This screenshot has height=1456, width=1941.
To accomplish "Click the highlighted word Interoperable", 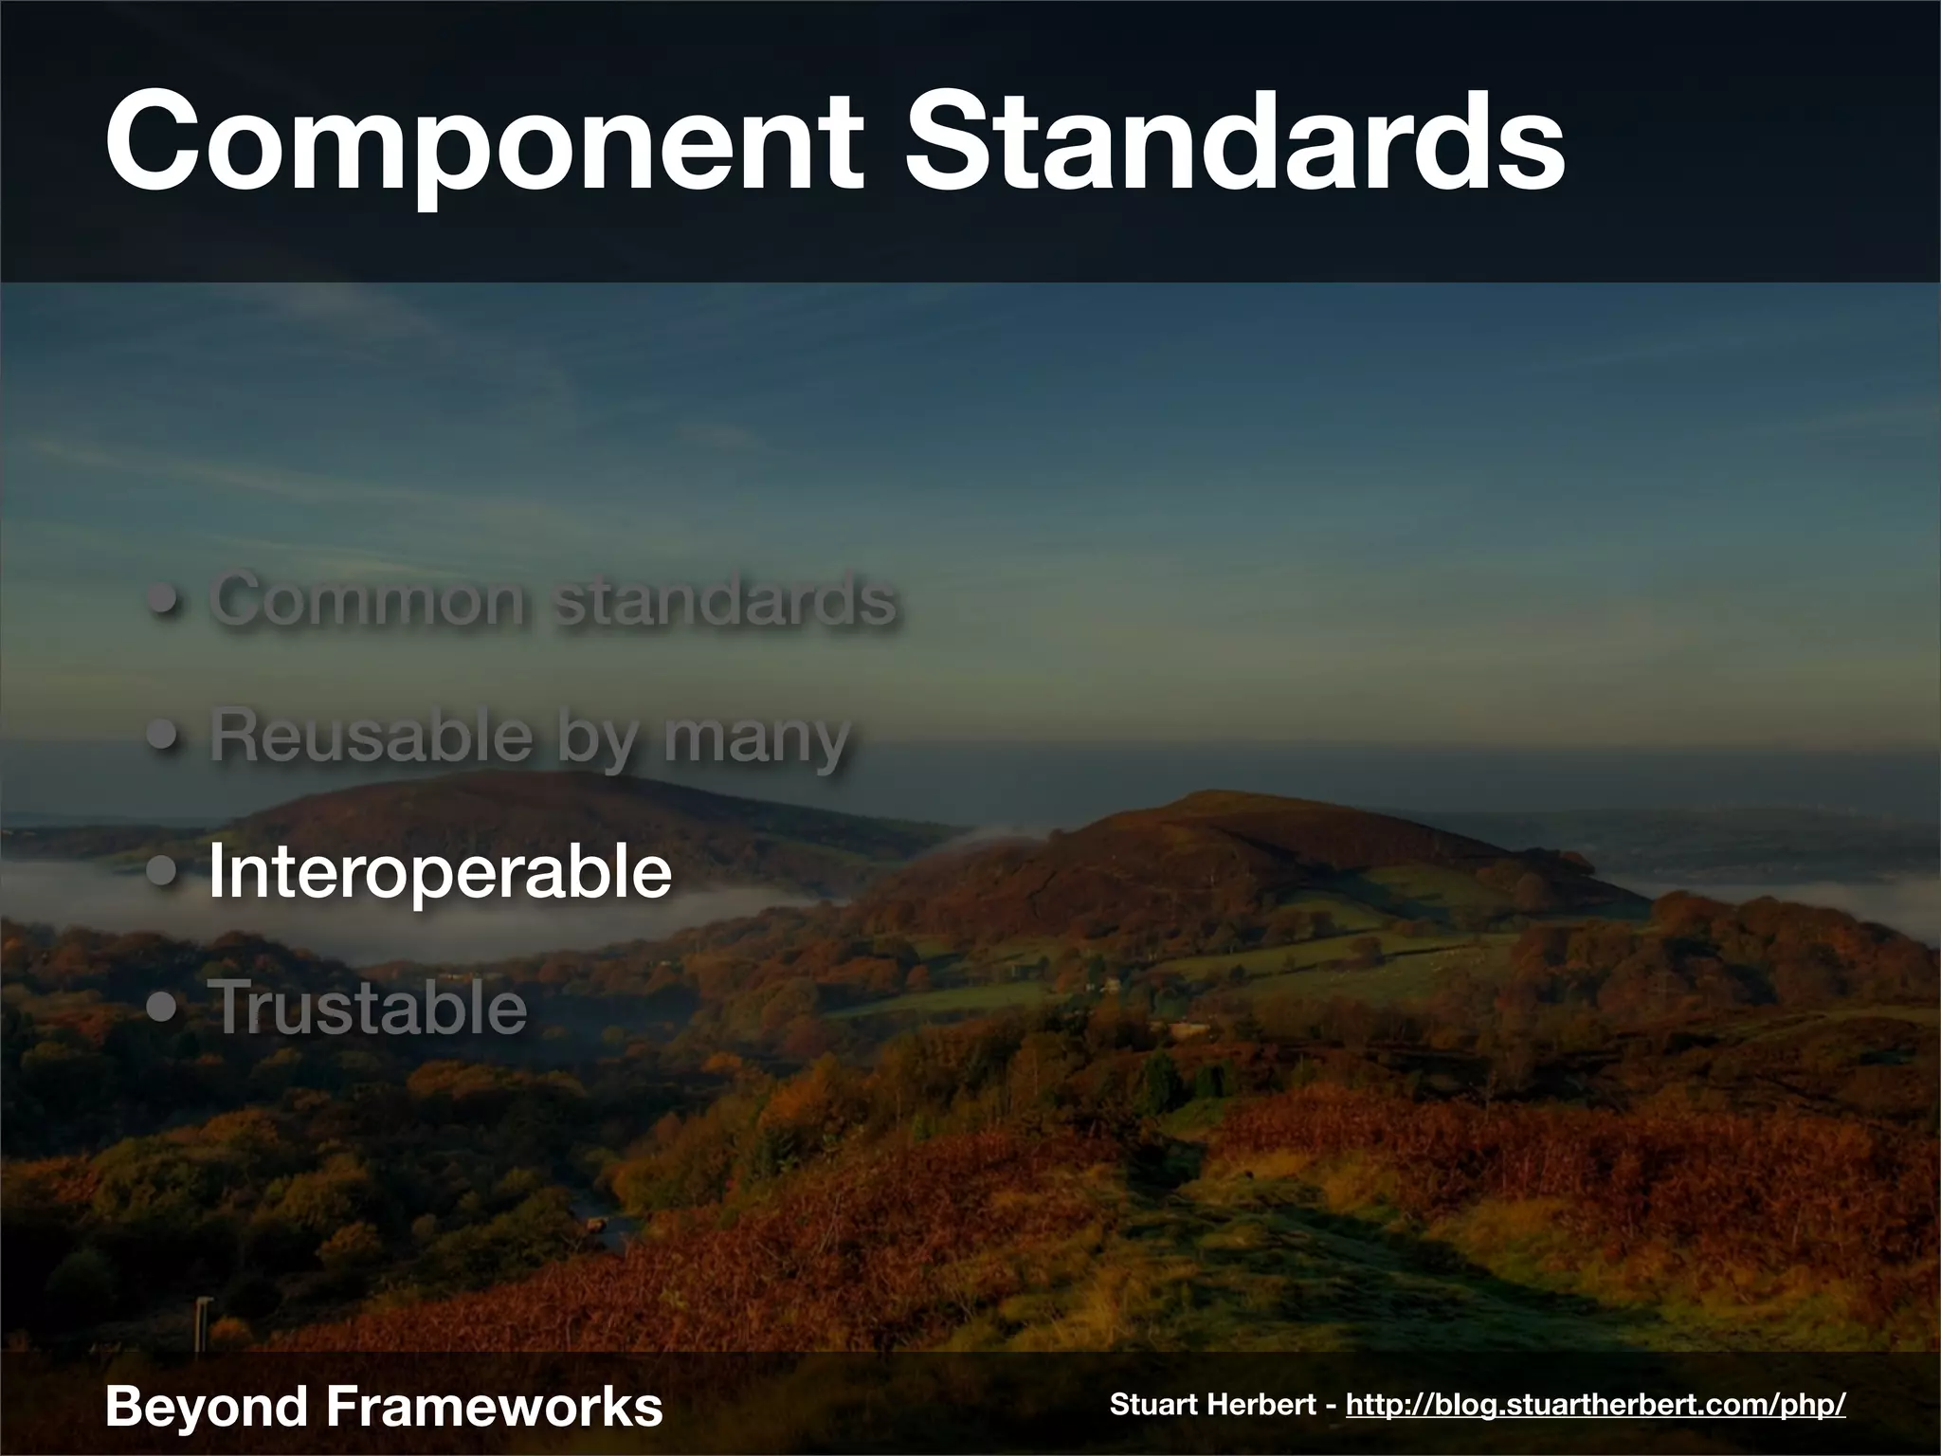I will point(440,871).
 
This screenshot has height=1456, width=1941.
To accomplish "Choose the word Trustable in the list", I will point(368,1007).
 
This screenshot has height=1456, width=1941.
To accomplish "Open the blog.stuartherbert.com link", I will point(1595,1405).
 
